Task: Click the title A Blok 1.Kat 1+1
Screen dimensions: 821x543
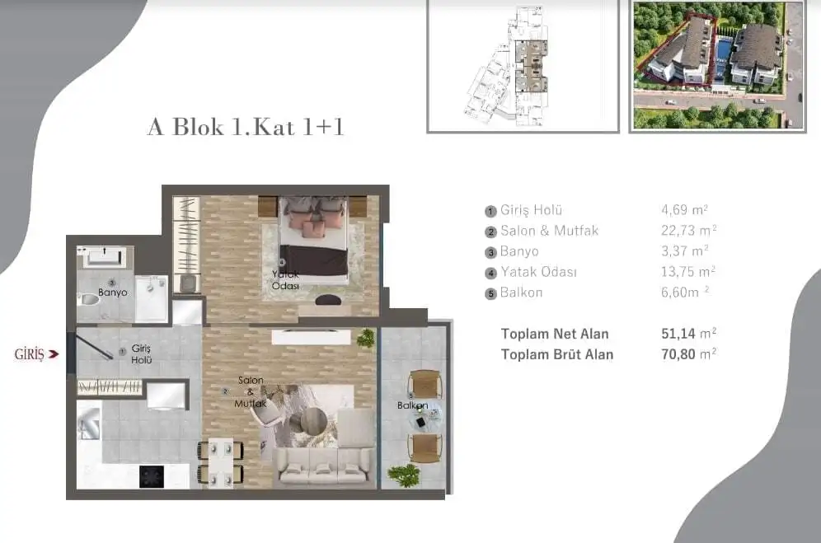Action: coord(246,127)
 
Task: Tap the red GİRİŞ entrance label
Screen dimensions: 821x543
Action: coord(30,354)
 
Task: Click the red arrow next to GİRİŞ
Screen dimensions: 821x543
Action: coord(54,354)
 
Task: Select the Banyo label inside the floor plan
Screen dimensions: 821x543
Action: coord(113,293)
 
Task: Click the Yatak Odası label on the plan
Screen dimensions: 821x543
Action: coord(285,280)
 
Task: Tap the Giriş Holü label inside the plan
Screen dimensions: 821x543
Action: coord(142,354)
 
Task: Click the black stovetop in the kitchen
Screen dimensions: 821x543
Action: coord(152,476)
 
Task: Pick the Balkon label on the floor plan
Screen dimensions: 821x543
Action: coord(413,405)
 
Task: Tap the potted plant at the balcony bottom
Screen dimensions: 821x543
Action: coord(404,475)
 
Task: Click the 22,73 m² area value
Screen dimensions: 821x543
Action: coord(688,231)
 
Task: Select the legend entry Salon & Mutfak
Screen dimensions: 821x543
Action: coord(549,231)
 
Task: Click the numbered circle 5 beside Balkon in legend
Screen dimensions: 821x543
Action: coord(490,294)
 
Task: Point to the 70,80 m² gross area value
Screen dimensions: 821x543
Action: coord(688,354)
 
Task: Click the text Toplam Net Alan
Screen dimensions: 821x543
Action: coord(555,334)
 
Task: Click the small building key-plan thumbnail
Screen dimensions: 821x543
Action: coord(523,67)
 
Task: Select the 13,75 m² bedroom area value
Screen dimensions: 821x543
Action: coord(688,272)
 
